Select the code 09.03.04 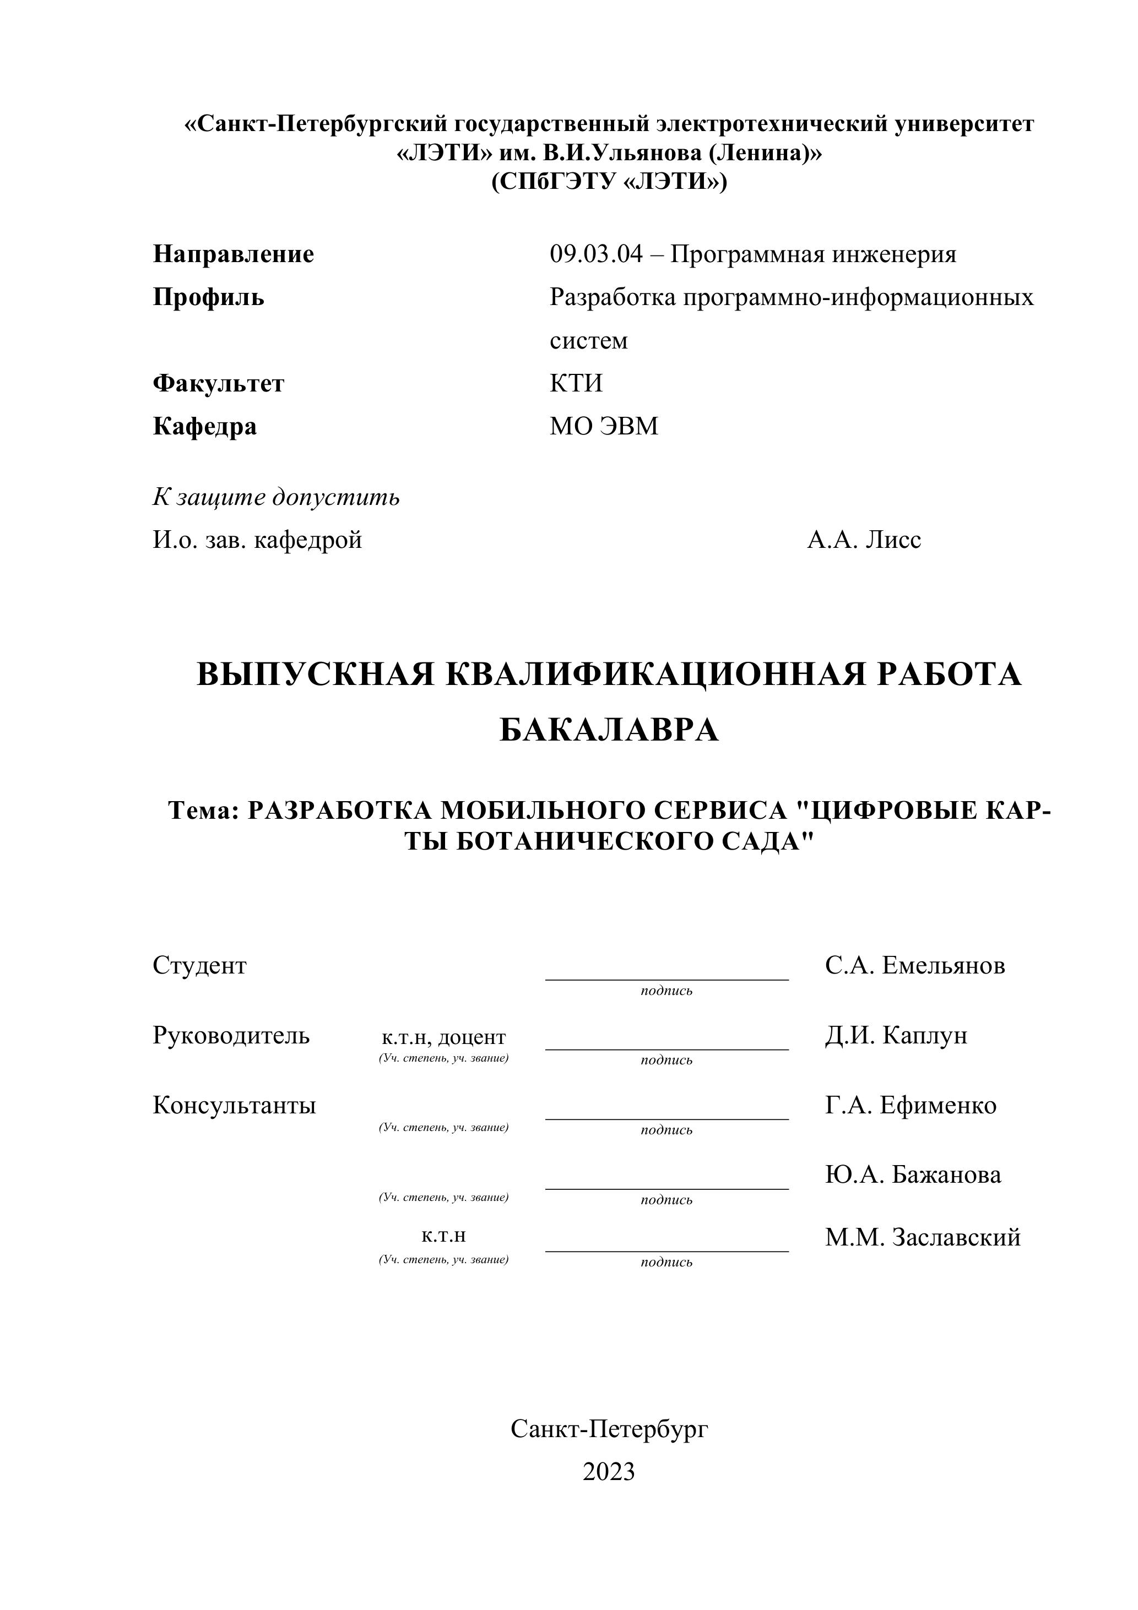[595, 254]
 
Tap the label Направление [234, 254]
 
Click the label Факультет [218, 384]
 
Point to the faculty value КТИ [576, 384]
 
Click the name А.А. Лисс [864, 540]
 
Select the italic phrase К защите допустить [277, 497]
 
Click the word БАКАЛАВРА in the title [609, 731]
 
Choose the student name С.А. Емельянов [915, 966]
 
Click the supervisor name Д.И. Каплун [896, 1035]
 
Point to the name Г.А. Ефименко [911, 1105]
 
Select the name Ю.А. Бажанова [913, 1174]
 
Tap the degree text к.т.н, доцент [443, 1037]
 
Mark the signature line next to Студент [666, 979]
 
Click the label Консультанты [234, 1105]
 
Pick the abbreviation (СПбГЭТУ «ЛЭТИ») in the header [609, 182]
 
